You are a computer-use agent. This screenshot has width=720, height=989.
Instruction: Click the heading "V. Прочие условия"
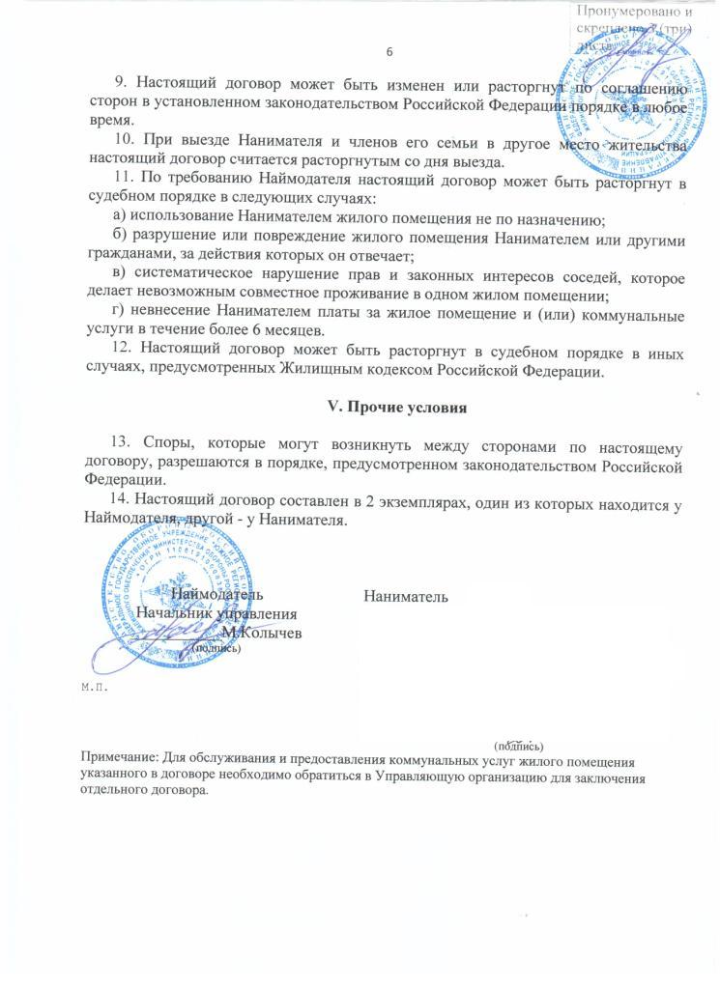[399, 407]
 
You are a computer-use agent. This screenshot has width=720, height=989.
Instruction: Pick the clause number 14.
[120, 500]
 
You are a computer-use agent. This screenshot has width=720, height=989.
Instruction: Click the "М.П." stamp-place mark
[93, 688]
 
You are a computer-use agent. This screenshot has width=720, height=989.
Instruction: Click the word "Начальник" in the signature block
[174, 613]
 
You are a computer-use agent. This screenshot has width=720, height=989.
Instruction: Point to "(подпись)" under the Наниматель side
[519, 746]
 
